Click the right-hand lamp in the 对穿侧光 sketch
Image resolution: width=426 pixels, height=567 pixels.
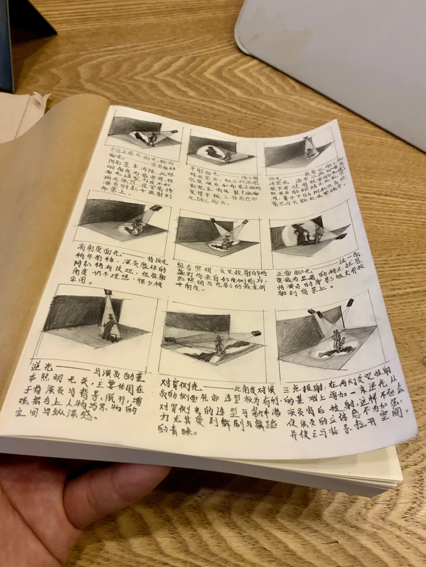256,333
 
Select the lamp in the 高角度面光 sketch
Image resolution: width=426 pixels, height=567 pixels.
156,208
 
